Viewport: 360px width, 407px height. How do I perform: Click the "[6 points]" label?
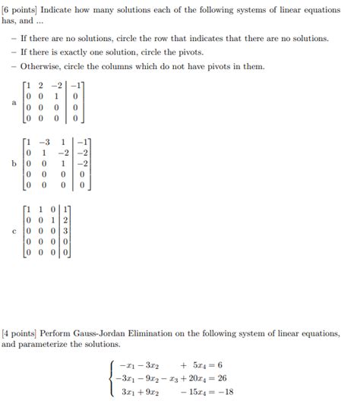tap(21, 8)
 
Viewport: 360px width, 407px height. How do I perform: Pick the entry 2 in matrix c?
tap(66, 221)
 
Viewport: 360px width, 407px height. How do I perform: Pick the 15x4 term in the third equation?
tap(190, 392)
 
